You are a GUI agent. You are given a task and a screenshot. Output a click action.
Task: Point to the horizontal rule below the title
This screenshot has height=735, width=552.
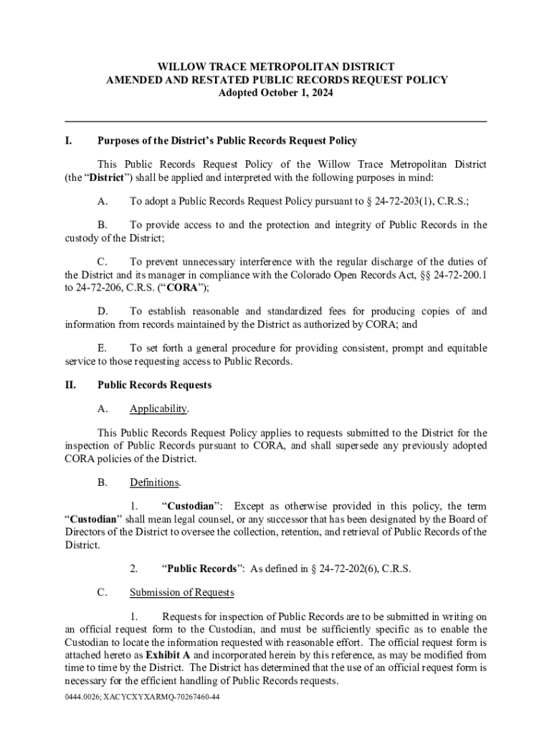click(x=276, y=121)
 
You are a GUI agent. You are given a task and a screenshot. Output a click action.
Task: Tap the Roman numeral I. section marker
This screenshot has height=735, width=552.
click(x=69, y=141)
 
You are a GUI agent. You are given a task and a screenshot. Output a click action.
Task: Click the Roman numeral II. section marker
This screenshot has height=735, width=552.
click(x=70, y=385)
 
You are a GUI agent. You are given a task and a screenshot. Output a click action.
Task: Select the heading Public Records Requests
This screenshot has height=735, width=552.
click(x=154, y=385)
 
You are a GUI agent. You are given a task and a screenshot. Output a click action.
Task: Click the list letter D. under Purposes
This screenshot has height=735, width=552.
click(x=103, y=311)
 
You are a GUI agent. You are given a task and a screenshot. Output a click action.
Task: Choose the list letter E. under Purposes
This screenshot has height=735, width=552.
click(x=103, y=348)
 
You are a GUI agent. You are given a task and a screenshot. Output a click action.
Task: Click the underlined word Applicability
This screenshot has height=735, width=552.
click(x=158, y=409)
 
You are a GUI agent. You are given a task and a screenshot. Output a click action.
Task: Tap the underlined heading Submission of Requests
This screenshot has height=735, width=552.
click(x=181, y=593)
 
